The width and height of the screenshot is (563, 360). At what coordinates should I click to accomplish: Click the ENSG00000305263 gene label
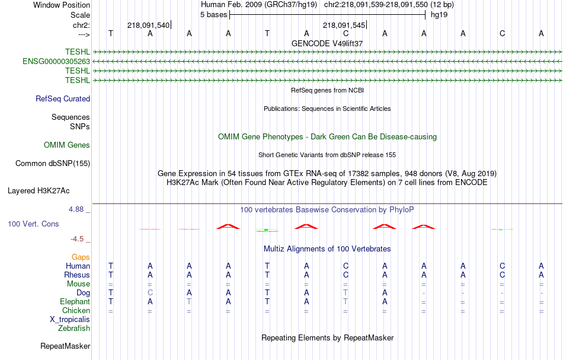[x=56, y=62]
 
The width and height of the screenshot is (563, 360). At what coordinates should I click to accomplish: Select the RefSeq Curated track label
[x=63, y=99]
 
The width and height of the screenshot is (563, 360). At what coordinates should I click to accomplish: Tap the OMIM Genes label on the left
[x=67, y=145]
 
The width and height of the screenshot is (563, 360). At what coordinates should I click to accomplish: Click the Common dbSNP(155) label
[x=53, y=164]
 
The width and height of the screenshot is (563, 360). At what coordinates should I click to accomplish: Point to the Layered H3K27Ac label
[x=39, y=191]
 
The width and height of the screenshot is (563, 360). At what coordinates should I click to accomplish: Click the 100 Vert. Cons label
[x=33, y=224]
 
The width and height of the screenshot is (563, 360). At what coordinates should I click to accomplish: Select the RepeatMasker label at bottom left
[x=65, y=346]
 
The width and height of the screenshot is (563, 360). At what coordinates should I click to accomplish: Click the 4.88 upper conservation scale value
[x=76, y=209]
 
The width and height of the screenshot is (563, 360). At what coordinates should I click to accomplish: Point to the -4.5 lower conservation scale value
[x=77, y=239]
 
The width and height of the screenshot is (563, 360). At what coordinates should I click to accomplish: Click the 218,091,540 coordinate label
[x=148, y=25]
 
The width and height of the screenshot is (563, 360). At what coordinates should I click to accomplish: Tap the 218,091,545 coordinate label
[x=344, y=25]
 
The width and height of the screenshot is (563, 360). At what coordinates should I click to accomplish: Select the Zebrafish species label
[x=74, y=328]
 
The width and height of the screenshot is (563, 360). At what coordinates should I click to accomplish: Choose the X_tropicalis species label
[x=70, y=320]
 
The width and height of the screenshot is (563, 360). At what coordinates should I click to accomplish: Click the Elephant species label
[x=75, y=302]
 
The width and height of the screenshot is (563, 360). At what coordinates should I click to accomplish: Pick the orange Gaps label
[x=81, y=257]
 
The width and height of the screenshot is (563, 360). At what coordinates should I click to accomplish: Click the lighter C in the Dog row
[x=150, y=293]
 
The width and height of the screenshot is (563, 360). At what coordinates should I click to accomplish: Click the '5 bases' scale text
[x=214, y=15]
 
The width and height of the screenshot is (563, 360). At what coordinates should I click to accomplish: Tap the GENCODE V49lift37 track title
[x=327, y=43]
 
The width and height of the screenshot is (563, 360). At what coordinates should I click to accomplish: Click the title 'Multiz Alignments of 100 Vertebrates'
[x=327, y=249]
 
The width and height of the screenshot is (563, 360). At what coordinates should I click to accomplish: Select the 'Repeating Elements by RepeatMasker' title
[x=328, y=337]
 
